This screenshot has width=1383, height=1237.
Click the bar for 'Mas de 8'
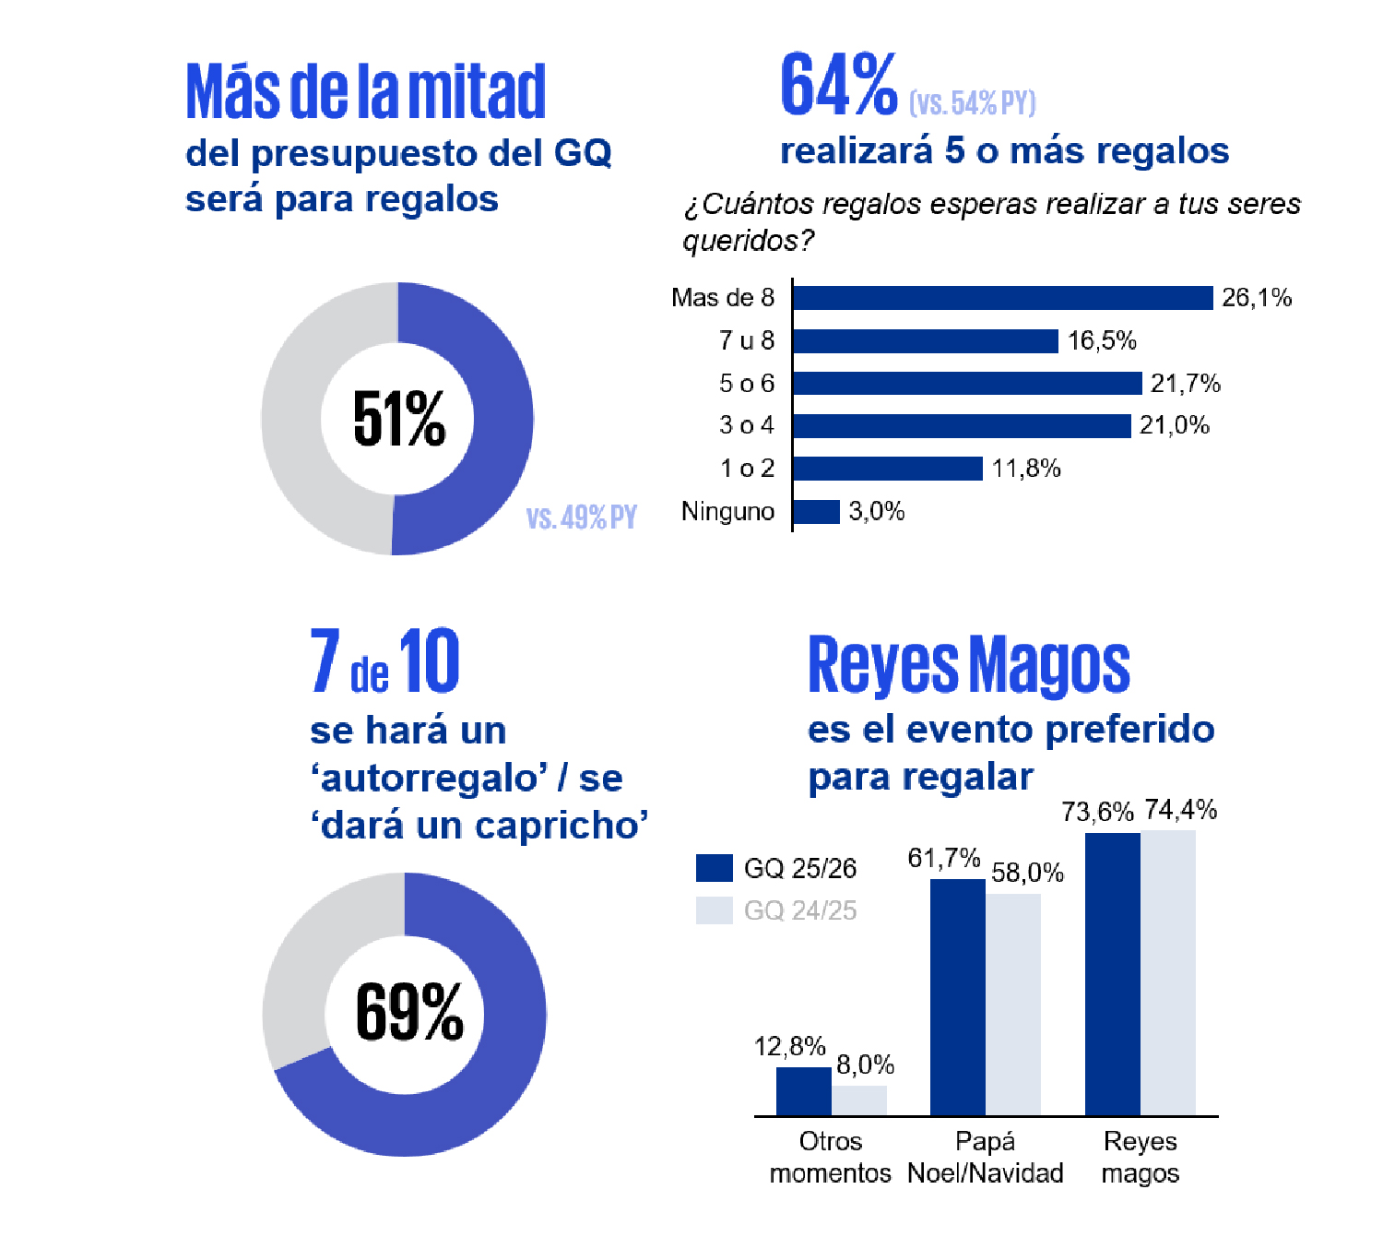[1002, 298]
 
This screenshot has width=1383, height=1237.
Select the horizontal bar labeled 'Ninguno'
[816, 512]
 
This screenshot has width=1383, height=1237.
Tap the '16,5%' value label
[1102, 341]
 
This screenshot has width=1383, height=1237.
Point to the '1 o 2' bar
[887, 469]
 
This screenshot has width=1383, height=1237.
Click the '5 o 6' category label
[746, 383]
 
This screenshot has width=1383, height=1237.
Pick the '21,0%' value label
[1174, 425]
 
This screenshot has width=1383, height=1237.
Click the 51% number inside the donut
[398, 420]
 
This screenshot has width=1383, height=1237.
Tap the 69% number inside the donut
[408, 1013]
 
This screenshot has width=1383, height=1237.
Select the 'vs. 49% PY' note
[581, 517]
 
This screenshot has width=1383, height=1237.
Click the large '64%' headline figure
[838, 86]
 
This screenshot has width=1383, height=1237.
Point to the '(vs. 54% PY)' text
[972, 102]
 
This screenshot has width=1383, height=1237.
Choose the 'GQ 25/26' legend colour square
[714, 868]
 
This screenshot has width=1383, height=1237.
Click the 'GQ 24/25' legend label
[799, 910]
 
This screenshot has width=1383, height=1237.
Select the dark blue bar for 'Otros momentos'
[803, 1091]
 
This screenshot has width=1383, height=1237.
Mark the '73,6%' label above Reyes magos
[1096, 812]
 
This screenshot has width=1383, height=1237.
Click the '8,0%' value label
[865, 1065]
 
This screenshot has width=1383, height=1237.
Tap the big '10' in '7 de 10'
[429, 661]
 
